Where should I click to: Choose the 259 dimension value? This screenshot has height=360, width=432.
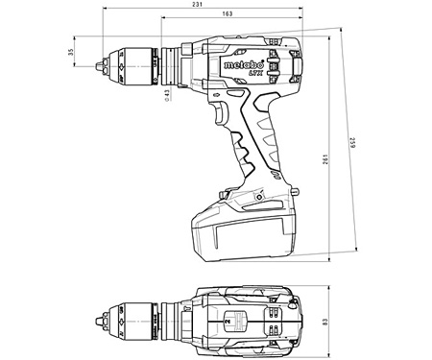[366, 146]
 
